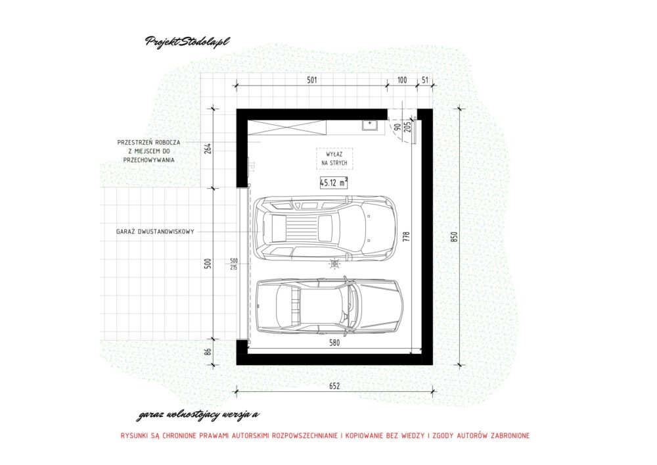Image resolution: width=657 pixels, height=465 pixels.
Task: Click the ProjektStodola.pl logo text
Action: [187, 41]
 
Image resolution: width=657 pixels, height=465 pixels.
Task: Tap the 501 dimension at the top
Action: [311, 80]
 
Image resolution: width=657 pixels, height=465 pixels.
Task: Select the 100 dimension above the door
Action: [402, 80]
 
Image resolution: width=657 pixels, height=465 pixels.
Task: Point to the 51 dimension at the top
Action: [425, 80]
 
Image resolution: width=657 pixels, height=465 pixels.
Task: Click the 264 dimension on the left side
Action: [208, 148]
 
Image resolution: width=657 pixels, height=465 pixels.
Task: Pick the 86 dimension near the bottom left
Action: [208, 351]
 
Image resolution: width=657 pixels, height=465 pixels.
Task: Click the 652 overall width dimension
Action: [334, 386]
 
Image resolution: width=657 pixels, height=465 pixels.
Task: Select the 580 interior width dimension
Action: [334, 343]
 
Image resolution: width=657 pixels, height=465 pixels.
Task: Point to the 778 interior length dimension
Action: [406, 237]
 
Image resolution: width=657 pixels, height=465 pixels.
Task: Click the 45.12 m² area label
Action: [334, 183]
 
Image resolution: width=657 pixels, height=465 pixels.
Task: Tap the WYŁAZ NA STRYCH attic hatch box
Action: [334, 159]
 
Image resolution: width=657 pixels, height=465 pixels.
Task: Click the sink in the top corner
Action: [371, 125]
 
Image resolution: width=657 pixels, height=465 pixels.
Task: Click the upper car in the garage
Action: [324, 229]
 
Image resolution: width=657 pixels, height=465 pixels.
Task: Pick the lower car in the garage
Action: [329, 305]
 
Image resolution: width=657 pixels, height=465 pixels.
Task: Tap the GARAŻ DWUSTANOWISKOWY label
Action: [156, 232]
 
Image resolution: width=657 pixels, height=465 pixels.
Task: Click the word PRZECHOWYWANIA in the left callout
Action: [148, 160]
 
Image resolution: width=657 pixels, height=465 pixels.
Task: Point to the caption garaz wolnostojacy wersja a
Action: [198, 415]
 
